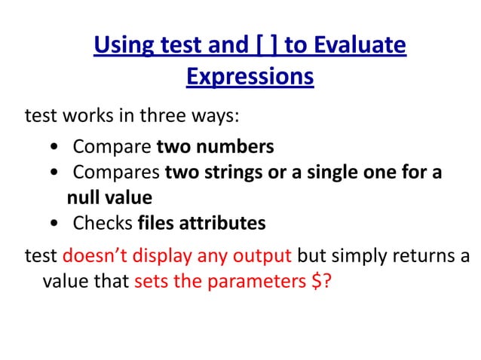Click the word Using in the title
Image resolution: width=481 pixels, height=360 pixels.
point(124,47)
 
